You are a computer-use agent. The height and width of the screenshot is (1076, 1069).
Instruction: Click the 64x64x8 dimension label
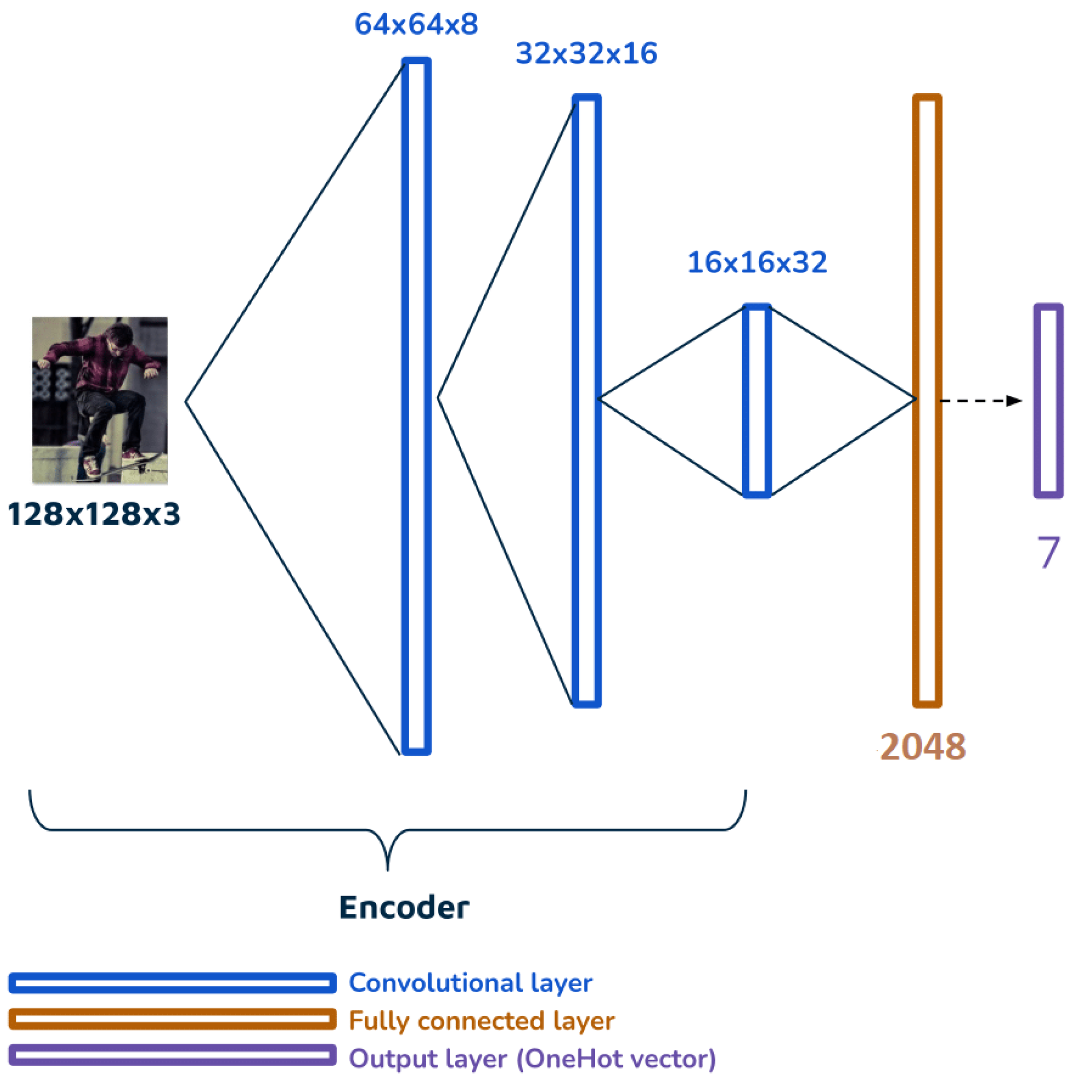[x=416, y=25]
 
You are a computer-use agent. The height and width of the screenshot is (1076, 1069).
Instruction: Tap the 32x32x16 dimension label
[x=586, y=54]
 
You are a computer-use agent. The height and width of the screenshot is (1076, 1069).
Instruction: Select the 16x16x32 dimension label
[x=757, y=262]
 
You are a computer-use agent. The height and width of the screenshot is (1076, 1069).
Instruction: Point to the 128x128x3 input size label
[x=94, y=514]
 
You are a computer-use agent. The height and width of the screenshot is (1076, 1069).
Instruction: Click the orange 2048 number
[x=923, y=747]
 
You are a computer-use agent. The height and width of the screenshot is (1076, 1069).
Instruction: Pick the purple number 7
[x=1048, y=552]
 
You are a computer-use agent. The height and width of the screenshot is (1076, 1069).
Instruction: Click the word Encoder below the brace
[x=404, y=907]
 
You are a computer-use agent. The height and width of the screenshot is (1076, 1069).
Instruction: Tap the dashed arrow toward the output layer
[x=980, y=400]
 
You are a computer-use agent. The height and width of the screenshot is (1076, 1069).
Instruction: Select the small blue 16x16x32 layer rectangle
[x=757, y=400]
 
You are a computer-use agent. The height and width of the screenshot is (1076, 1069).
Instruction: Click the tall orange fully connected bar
[x=927, y=400]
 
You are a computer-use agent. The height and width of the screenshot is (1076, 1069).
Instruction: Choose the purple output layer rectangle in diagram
[x=1049, y=400]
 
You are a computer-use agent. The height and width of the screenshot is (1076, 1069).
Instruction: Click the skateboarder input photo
[x=100, y=400]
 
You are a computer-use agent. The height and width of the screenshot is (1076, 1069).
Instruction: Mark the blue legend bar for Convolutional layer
[x=172, y=983]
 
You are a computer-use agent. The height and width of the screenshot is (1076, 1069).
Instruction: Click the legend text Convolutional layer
[x=470, y=983]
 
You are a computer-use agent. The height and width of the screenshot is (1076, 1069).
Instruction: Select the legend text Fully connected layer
[x=481, y=1021]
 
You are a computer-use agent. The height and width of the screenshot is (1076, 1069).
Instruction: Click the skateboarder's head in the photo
[x=119, y=338]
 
